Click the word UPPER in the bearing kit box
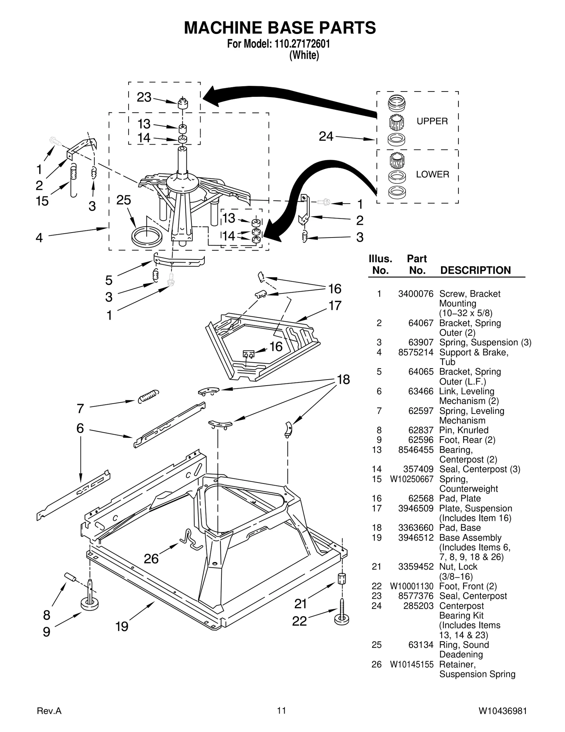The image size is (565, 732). pos(432,121)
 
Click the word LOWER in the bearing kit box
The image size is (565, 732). pos(432,174)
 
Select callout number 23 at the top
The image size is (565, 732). pos(144,97)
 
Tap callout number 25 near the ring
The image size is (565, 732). pos(124,200)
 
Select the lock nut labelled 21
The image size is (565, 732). pos(341,579)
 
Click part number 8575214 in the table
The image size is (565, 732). pos(416,352)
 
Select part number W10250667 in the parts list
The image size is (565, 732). pos(411,479)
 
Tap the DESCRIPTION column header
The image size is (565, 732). pos(475,270)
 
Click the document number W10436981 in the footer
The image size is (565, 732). pos(502,710)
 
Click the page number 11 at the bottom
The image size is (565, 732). pos(281,710)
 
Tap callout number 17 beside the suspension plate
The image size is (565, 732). pos(335,305)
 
